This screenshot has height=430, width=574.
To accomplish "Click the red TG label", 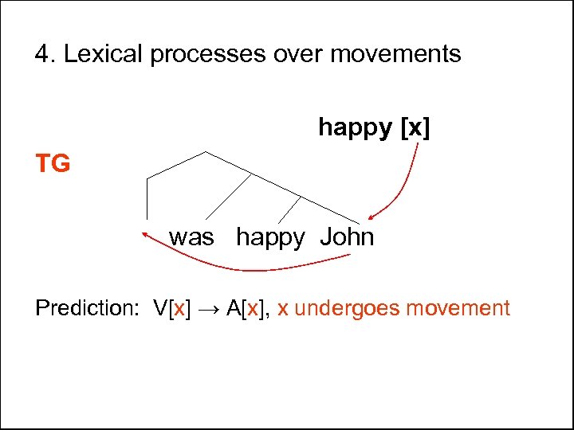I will point(53,164).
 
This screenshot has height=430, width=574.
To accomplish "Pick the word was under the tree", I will point(191,237).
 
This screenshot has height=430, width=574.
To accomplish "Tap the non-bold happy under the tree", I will point(270,238).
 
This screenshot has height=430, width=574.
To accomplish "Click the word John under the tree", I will point(347,237).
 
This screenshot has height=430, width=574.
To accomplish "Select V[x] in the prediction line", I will point(172,308).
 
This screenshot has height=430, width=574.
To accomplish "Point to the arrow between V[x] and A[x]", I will point(210,308).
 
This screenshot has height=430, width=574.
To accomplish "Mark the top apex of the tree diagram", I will point(206,151).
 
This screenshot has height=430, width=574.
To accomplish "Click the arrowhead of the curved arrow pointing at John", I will point(371,217).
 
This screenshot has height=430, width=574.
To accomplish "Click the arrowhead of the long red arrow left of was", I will point(145,233).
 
